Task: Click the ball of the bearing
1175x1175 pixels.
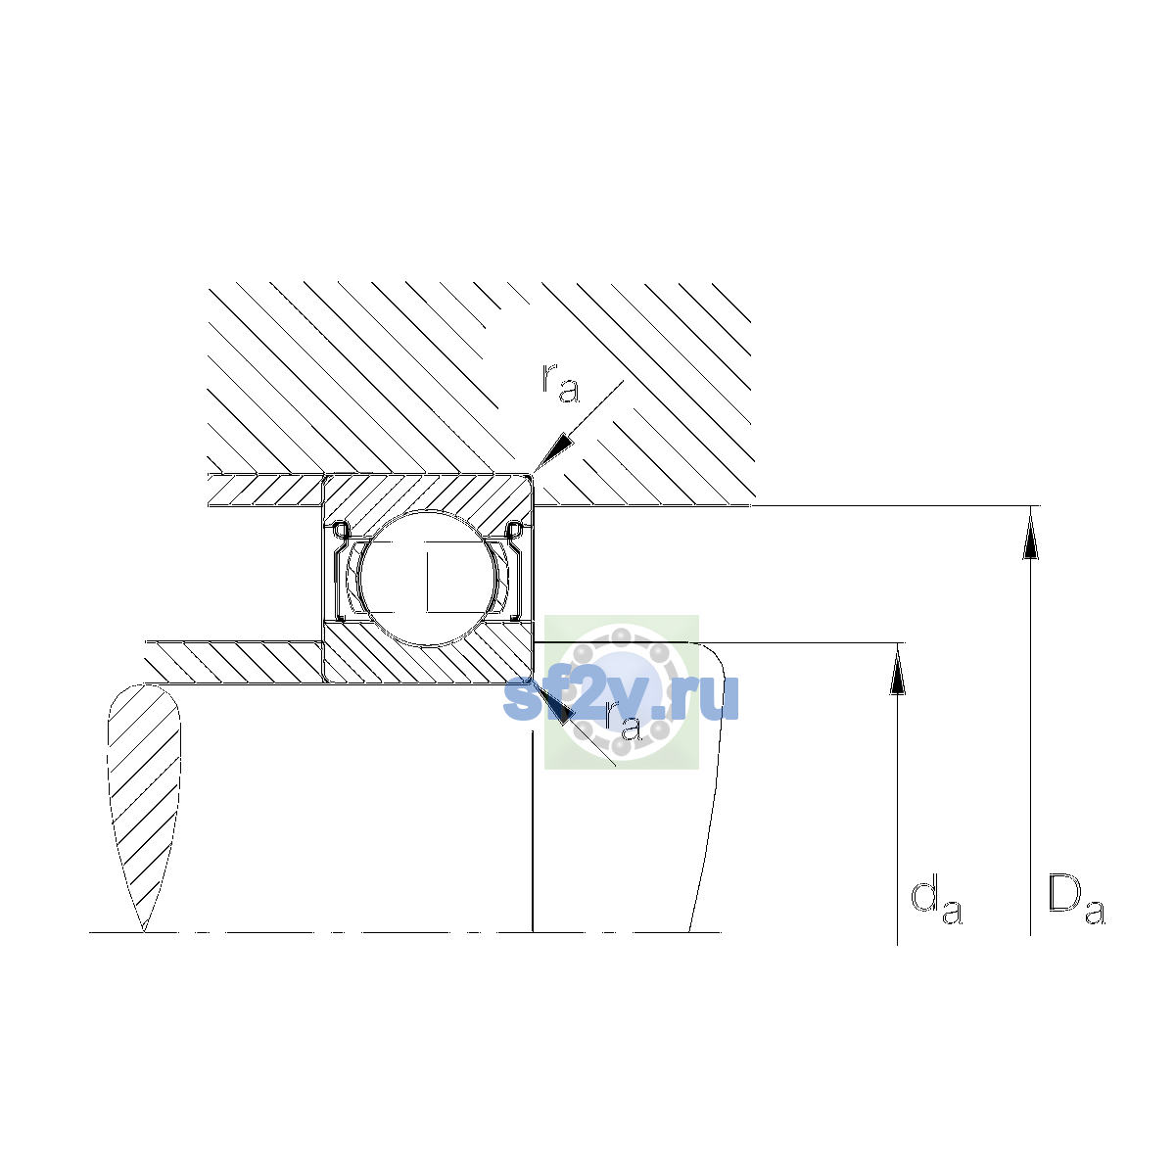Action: click(429, 578)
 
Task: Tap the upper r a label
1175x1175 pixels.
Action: click(560, 383)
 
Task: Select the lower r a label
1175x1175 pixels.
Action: click(623, 720)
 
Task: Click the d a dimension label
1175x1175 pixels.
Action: click(936, 903)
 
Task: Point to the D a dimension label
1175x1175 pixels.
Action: click(1076, 901)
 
